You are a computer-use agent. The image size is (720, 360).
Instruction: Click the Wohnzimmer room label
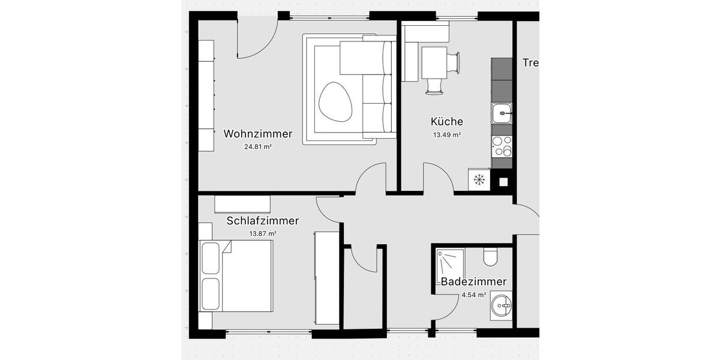tap(258, 134)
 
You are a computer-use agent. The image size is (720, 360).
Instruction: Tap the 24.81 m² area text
tap(258, 146)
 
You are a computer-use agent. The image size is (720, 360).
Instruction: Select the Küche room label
tap(447, 122)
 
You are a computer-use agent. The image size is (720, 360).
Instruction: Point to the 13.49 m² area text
tap(447, 135)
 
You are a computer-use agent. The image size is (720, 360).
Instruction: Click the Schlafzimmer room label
tap(262, 221)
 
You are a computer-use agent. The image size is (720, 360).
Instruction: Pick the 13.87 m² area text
tap(262, 234)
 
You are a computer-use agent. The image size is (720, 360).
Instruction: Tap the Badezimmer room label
tap(473, 282)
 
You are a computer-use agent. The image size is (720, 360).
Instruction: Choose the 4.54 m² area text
tap(473, 295)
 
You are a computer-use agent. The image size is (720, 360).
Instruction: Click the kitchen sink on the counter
tap(502, 112)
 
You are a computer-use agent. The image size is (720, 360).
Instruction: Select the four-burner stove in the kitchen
tap(502, 146)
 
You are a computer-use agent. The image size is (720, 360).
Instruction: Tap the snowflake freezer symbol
tap(479, 179)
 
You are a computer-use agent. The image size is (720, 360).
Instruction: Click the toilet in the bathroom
tap(490, 257)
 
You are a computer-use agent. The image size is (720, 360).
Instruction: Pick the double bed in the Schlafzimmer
tap(236, 276)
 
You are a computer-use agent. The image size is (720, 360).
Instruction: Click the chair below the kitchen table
tap(434, 87)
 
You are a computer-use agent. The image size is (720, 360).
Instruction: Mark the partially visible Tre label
tap(530, 63)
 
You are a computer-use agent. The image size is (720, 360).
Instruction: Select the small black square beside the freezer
tap(503, 179)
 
